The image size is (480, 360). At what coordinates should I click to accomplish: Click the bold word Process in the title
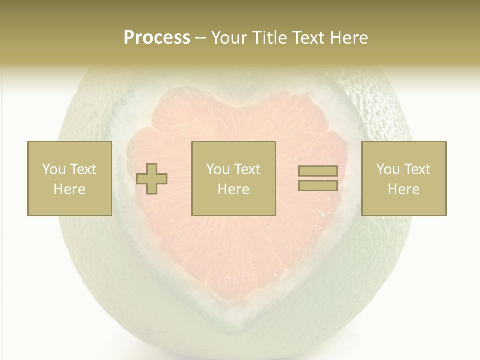(157, 38)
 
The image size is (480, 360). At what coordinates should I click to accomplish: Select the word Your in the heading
(229, 38)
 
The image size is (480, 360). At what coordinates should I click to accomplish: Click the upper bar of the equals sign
(318, 171)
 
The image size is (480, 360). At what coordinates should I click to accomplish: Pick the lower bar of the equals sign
(318, 185)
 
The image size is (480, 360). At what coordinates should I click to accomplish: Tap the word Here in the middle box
(234, 189)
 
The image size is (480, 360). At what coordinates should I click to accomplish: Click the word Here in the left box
(70, 189)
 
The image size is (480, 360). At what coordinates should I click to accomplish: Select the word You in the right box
(388, 169)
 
